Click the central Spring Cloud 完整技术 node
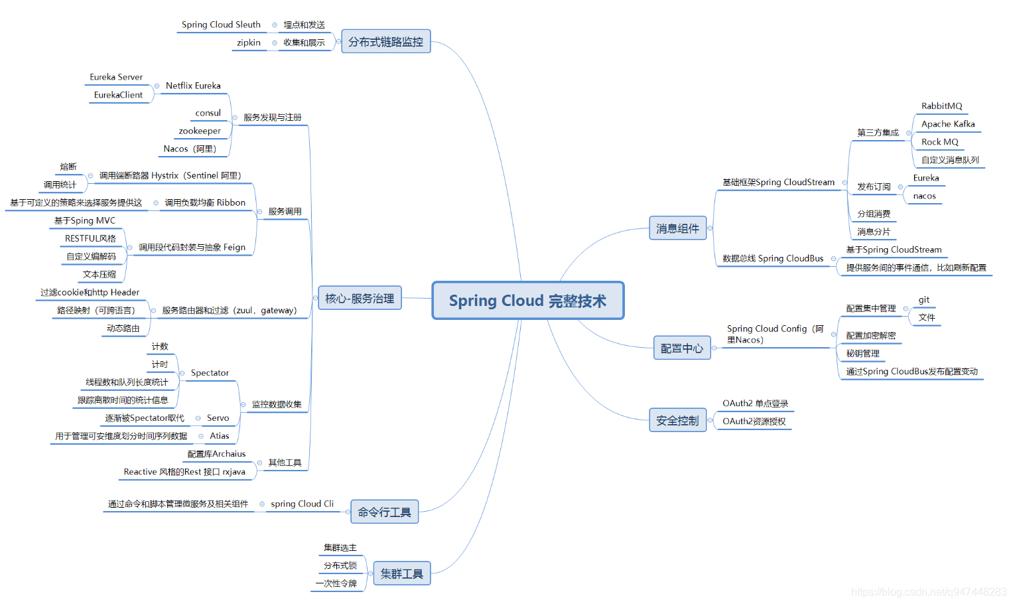pyautogui.click(x=528, y=301)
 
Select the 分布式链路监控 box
pyautogui.click(x=385, y=42)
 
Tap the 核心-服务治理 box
pyautogui.click(x=360, y=299)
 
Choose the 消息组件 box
pyautogui.click(x=677, y=228)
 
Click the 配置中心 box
pyautogui.click(x=681, y=348)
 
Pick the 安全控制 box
pyautogui.click(x=677, y=421)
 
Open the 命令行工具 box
pyautogui.click(x=384, y=512)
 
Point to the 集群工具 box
pyautogui.click(x=401, y=573)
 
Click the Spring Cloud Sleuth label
pyautogui.click(x=221, y=25)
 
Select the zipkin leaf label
pyautogui.click(x=249, y=42)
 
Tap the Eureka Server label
pyautogui.click(x=116, y=77)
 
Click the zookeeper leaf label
pyautogui.click(x=200, y=131)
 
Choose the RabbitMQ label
pyautogui.click(x=941, y=106)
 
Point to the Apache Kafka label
pyautogui.click(x=948, y=124)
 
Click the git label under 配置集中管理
pyautogui.click(x=924, y=300)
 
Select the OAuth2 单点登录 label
pyautogui.click(x=755, y=404)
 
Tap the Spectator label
pyautogui.click(x=210, y=373)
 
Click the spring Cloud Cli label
pyautogui.click(x=302, y=504)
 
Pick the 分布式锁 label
pyautogui.click(x=340, y=566)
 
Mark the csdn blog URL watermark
pyautogui.click(x=929, y=592)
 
